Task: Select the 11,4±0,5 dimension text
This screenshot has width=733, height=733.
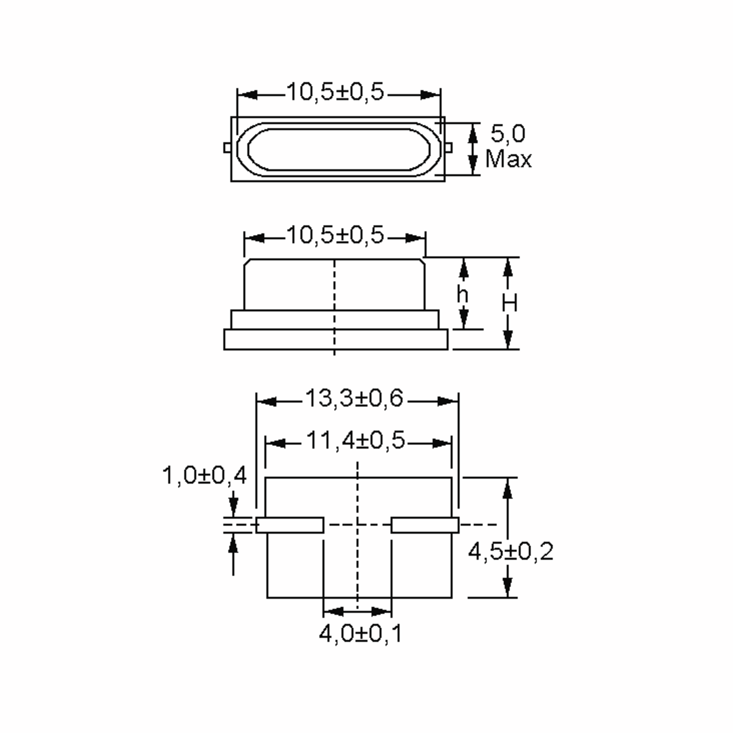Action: click(356, 441)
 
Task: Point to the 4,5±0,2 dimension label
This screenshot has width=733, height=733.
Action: click(511, 552)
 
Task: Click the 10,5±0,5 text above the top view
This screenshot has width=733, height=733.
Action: click(335, 92)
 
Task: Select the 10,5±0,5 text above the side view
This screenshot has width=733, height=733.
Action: click(335, 235)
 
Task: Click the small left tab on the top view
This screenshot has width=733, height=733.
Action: click(227, 147)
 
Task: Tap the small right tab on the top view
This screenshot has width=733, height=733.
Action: click(448, 147)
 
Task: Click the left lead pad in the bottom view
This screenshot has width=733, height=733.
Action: click(290, 525)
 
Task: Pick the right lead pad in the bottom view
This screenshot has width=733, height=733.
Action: click(425, 525)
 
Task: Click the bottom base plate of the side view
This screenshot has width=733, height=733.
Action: click(335, 340)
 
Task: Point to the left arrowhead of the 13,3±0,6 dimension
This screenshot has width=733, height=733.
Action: click(266, 401)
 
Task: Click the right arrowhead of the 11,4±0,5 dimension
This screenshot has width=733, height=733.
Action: click(442, 443)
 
